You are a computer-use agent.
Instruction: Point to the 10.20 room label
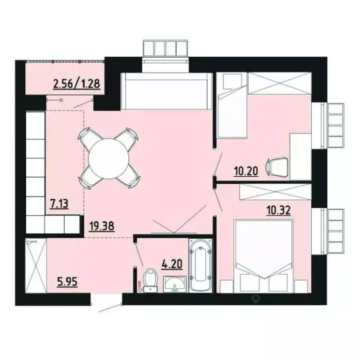(x=246, y=171)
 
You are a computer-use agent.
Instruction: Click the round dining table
(x=109, y=158)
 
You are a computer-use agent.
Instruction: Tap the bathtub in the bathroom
(x=201, y=265)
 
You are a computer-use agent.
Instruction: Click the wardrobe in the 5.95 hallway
(x=36, y=266)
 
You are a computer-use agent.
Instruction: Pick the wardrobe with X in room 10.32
(x=275, y=190)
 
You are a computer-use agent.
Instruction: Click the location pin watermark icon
(x=255, y=298)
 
